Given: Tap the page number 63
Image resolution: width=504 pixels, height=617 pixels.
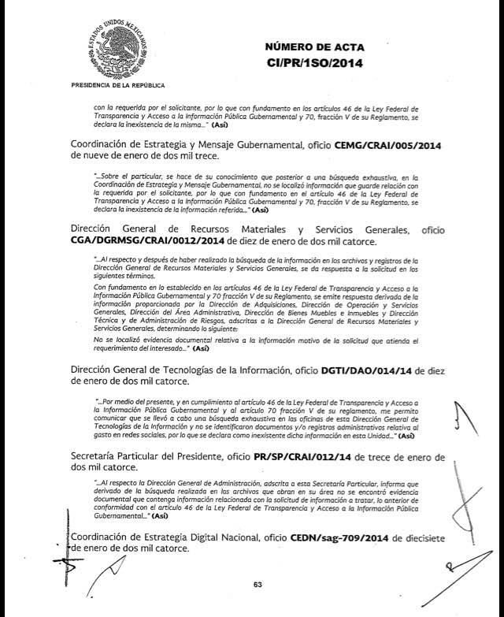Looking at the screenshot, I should (257, 584).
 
